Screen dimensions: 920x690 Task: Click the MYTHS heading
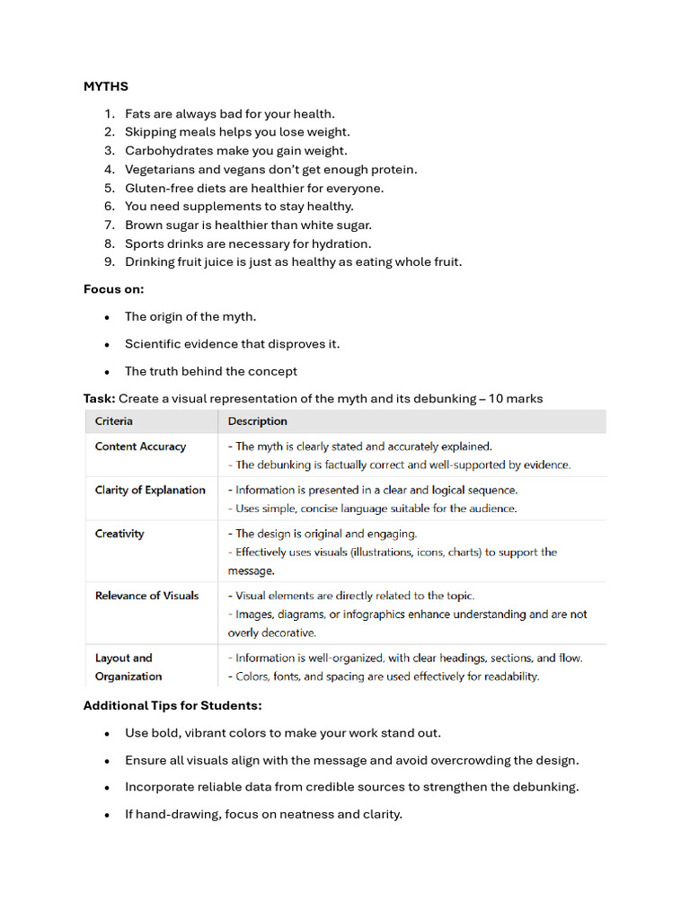[x=106, y=86]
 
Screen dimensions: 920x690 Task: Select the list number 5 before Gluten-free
[x=109, y=188]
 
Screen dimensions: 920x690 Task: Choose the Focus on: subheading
[x=113, y=289]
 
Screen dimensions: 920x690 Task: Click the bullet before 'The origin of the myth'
[x=107, y=317]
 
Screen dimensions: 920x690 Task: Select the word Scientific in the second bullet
[x=154, y=344]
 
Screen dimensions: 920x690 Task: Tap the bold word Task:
[x=99, y=398]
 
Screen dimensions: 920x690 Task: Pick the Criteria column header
[x=114, y=421]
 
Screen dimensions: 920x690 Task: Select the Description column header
[x=258, y=421]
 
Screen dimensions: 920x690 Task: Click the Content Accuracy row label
[x=140, y=447]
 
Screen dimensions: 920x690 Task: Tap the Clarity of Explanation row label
[x=150, y=490]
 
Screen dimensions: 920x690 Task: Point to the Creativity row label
[x=119, y=534]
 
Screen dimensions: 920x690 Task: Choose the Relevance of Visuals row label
[x=146, y=596]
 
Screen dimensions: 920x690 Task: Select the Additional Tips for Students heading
[x=172, y=705]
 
